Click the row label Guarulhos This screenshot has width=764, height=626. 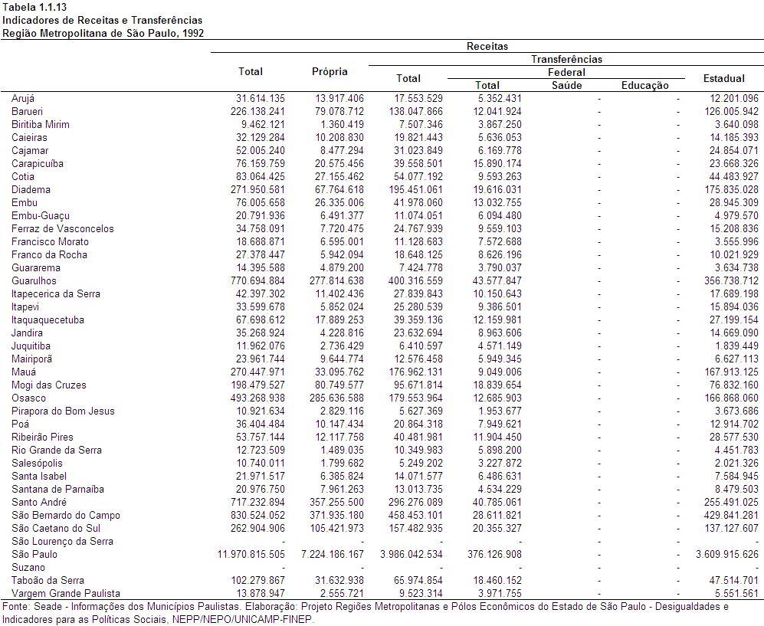(x=34, y=281)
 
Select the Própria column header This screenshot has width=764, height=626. (x=330, y=72)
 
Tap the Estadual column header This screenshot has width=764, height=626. (x=724, y=78)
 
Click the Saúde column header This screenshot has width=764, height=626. (x=566, y=86)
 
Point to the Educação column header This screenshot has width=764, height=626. (x=645, y=86)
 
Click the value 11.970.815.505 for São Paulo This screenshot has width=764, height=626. (x=251, y=555)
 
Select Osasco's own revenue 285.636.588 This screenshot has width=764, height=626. (x=336, y=398)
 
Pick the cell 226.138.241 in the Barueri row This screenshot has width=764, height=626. (x=257, y=112)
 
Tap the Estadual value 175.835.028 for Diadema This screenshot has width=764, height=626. (x=731, y=189)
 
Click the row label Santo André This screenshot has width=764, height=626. (x=39, y=503)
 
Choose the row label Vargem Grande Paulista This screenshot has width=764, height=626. (x=66, y=593)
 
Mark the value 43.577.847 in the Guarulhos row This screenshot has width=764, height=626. (x=497, y=281)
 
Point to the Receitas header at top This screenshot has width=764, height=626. (x=487, y=46)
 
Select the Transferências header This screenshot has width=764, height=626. (x=566, y=60)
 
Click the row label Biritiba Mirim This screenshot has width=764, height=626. (x=41, y=125)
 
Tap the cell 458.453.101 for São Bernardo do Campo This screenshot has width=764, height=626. (x=415, y=516)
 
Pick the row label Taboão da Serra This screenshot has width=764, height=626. (x=48, y=581)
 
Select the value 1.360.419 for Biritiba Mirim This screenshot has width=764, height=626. (x=342, y=125)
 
